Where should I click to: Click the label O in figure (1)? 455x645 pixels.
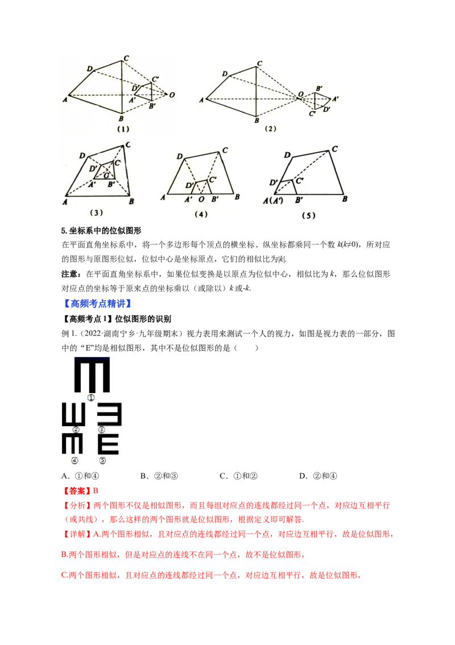[x=172, y=95]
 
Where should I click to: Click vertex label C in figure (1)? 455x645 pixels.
[x=126, y=58]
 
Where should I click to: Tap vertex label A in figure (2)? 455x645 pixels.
[x=202, y=100]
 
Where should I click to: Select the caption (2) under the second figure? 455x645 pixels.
[x=270, y=129]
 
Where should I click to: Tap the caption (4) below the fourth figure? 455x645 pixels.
[x=201, y=214]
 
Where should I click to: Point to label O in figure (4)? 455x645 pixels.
[x=201, y=199]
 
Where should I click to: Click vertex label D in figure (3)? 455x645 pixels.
[x=83, y=156]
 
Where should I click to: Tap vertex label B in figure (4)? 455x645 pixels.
[x=237, y=197]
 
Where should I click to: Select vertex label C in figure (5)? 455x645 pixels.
[x=335, y=149]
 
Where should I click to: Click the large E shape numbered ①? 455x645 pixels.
[x=92, y=374]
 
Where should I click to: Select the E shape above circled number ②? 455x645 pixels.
[x=73, y=415]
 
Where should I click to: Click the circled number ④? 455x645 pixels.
[x=74, y=460]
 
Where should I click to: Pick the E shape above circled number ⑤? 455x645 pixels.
[x=108, y=444]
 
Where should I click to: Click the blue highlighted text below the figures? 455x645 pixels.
[x=98, y=304]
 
